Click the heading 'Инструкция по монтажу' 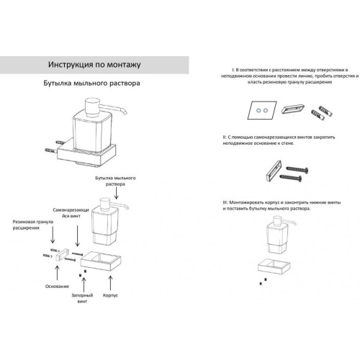pyautogui.click(x=94, y=65)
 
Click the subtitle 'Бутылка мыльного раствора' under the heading pyautogui.click(x=91, y=83)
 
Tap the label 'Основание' pyautogui.click(x=57, y=287)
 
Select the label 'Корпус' pyautogui.click(x=110, y=295)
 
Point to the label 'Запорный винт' pyautogui.click(x=82, y=298)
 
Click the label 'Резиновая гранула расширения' pyautogui.click(x=33, y=225)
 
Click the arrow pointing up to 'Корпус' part pyautogui.click(x=110, y=283)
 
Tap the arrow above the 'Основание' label pyautogui.click(x=57, y=273)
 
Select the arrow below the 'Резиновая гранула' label pyautogui.click(x=53, y=235)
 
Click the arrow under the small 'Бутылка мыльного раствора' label pyautogui.click(x=117, y=193)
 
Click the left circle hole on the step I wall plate pyautogui.click(x=258, y=110)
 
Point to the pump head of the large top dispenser pyautogui.click(x=92, y=107)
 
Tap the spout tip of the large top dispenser pyautogui.click(x=125, y=113)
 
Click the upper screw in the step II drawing pyautogui.click(x=297, y=169)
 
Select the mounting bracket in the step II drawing pyautogui.click(x=274, y=171)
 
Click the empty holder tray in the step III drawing pyautogui.click(x=274, y=266)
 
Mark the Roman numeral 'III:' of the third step pyautogui.click(x=225, y=203)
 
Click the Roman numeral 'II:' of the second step pyautogui.click(x=225, y=138)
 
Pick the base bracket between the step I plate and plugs pyautogui.click(x=293, y=109)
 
